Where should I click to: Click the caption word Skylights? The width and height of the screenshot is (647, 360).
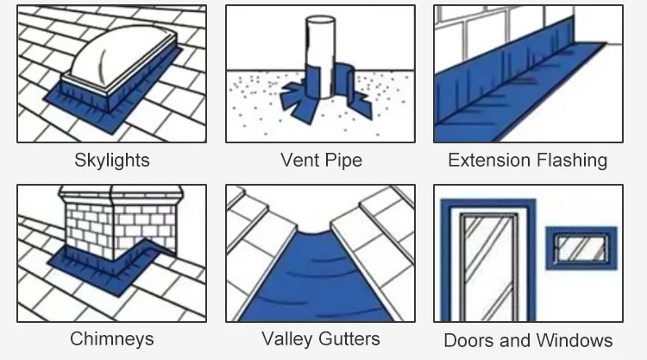(112, 161)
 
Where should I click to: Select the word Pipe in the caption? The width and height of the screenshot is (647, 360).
(343, 161)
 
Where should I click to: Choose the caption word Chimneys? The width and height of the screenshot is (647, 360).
(112, 339)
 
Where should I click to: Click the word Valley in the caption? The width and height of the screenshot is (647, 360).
(289, 338)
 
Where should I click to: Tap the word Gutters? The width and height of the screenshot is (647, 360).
(351, 338)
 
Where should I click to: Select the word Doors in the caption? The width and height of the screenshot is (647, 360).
(468, 340)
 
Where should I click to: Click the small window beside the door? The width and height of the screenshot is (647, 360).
(581, 248)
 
